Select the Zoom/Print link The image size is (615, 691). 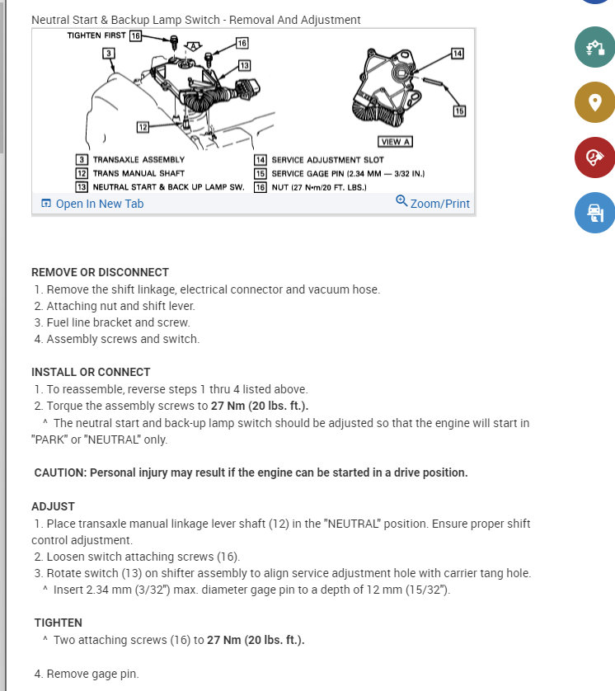point(434,203)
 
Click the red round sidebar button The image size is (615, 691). point(594,157)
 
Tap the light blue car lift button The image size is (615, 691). point(594,213)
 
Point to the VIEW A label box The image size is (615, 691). point(395,141)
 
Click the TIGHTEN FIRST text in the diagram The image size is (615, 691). point(96,36)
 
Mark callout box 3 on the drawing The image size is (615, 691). point(108,53)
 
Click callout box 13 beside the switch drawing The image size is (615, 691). point(244,65)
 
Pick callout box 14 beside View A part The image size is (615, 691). point(458,54)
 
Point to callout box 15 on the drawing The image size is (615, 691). point(459,110)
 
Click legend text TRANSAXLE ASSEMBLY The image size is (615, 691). point(138,159)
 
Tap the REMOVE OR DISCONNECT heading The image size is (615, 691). point(100,272)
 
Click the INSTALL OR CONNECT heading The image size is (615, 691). point(91,372)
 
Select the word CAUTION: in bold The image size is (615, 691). point(60,472)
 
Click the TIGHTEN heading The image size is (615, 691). point(59,623)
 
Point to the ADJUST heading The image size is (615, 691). point(53,506)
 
